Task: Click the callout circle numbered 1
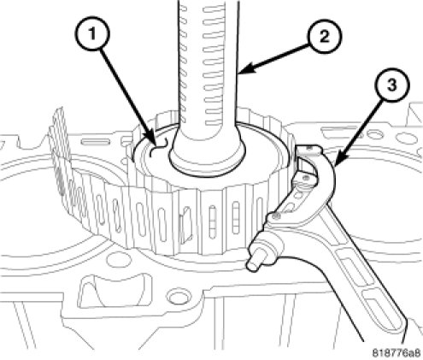pos(92,35)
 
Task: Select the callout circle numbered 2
pos(325,36)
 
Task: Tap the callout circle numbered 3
pos(392,85)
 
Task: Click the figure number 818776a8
pos(397,353)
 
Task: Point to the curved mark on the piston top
pos(159,147)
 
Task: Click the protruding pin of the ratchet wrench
pos(253,263)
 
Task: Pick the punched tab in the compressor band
pos(185,223)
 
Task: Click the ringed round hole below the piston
pos(178,297)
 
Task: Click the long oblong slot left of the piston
pos(95,142)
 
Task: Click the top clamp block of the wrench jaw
pos(308,149)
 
